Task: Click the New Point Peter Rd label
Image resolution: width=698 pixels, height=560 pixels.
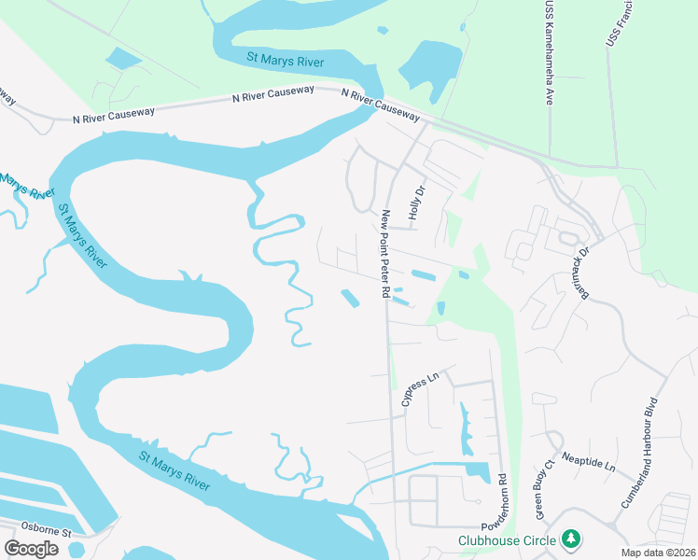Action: click(x=384, y=254)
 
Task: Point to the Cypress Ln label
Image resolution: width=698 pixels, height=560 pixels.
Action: click(x=419, y=390)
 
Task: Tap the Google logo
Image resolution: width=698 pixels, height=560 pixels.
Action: click(x=31, y=549)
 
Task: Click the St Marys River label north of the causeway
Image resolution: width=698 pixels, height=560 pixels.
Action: click(x=285, y=58)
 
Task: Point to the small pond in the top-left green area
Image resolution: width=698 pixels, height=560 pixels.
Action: click(x=123, y=59)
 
